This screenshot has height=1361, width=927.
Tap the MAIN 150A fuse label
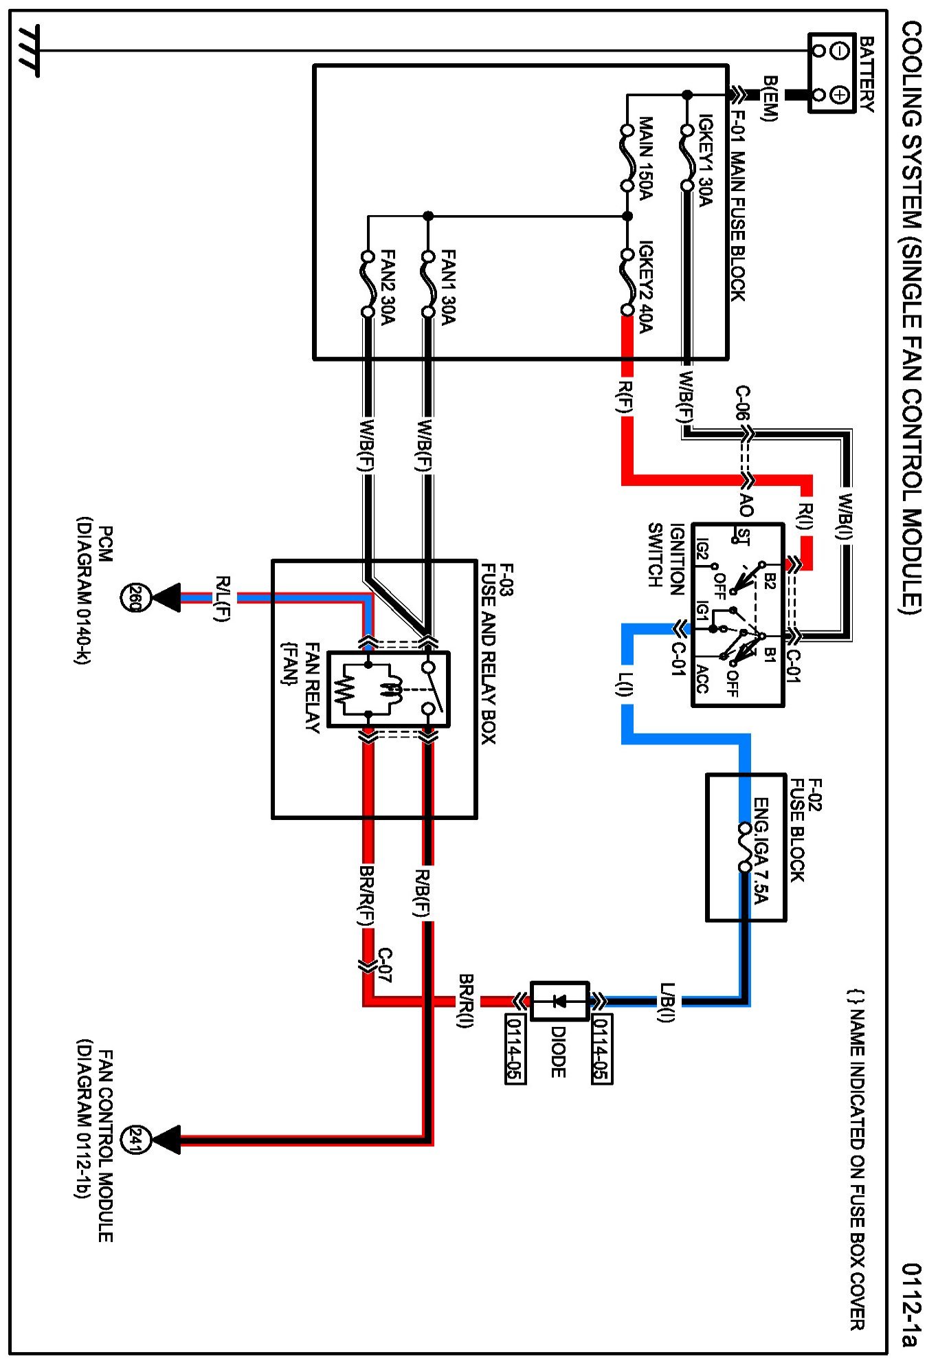(x=646, y=158)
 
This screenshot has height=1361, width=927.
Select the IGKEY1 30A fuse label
(x=706, y=160)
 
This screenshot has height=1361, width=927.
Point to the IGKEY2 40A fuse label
(x=646, y=286)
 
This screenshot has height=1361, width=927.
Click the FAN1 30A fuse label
(x=447, y=287)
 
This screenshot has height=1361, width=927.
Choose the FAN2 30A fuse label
(x=388, y=287)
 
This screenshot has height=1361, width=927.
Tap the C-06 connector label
(x=743, y=403)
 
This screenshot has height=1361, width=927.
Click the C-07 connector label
(x=385, y=965)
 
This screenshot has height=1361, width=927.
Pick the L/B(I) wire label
(x=667, y=1002)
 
